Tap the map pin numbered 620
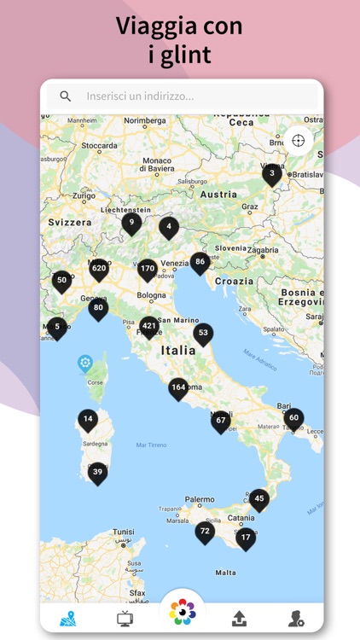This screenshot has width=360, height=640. click(x=99, y=269)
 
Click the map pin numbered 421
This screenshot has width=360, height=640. click(x=149, y=326)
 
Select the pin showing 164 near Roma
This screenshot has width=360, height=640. click(x=178, y=387)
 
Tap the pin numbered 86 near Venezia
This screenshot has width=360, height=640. click(x=200, y=262)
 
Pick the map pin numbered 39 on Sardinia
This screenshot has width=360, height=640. click(x=97, y=472)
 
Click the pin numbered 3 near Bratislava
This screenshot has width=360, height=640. click(x=272, y=174)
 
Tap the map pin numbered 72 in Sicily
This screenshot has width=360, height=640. click(x=205, y=531)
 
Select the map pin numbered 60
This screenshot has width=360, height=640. click(x=293, y=418)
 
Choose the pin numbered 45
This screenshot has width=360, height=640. click(x=258, y=498)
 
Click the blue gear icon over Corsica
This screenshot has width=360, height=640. click(x=85, y=364)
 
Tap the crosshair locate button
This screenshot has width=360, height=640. click(x=298, y=141)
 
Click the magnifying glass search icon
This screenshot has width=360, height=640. click(x=66, y=96)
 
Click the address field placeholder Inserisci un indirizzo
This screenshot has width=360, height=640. click(x=140, y=96)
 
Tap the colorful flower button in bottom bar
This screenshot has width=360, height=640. click(x=182, y=611)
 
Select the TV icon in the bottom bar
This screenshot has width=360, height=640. click(x=125, y=620)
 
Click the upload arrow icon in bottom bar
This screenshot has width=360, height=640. click(x=239, y=620)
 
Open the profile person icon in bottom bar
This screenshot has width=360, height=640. click(x=296, y=620)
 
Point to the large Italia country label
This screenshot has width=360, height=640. click(x=178, y=350)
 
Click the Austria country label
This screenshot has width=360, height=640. click(x=218, y=195)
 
